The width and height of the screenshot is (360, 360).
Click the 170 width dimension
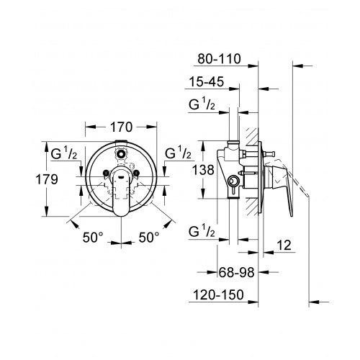tap(121, 127)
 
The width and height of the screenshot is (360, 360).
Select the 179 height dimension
tap(47, 179)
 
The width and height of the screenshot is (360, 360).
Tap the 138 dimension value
tap(203, 170)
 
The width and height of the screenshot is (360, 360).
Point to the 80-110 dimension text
tap(219, 59)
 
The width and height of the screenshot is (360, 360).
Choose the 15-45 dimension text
tap(207, 81)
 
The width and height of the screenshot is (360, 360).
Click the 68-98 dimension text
tap(236, 272)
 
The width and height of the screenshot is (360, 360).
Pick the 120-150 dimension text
tap(218, 294)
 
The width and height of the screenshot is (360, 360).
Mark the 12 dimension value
tap(284, 246)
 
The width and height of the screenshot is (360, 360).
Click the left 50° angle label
tap(93, 238)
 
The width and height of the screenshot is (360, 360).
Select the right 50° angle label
tap(149, 238)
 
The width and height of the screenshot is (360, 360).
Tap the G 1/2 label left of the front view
tap(64, 153)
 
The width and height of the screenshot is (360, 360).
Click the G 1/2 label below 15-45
tap(202, 104)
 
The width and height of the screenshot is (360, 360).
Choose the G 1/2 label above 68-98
tap(202, 231)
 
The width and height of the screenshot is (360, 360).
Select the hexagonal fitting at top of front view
tap(121, 153)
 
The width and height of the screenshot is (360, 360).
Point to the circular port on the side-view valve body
tap(233, 181)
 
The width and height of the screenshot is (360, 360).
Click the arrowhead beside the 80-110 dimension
tap(253, 66)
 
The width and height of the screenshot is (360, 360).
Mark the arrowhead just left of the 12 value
tap(268, 252)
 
